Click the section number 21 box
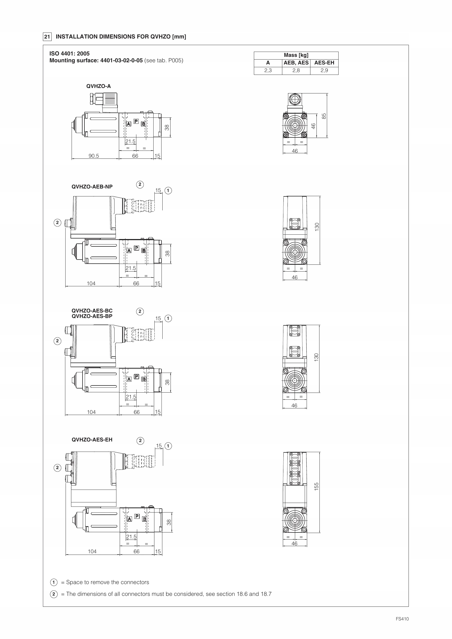tap(47, 37)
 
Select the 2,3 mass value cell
tap(268, 70)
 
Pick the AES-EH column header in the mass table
tap(324, 63)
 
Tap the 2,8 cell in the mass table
tap(296, 70)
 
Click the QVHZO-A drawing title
tap(99, 86)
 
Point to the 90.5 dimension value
tap(94, 156)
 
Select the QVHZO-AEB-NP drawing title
tap(92, 187)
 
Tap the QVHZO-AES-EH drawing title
tap(92, 440)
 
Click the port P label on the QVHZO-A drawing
tap(136, 121)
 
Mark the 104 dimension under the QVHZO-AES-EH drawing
tap(92, 551)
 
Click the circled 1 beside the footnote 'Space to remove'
tap(54, 582)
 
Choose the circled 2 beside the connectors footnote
tap(54, 594)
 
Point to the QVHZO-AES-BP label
tap(92, 316)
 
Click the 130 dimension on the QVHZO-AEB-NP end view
tap(317, 227)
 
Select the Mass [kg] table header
tap(296, 55)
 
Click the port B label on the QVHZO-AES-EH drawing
tap(144, 519)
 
